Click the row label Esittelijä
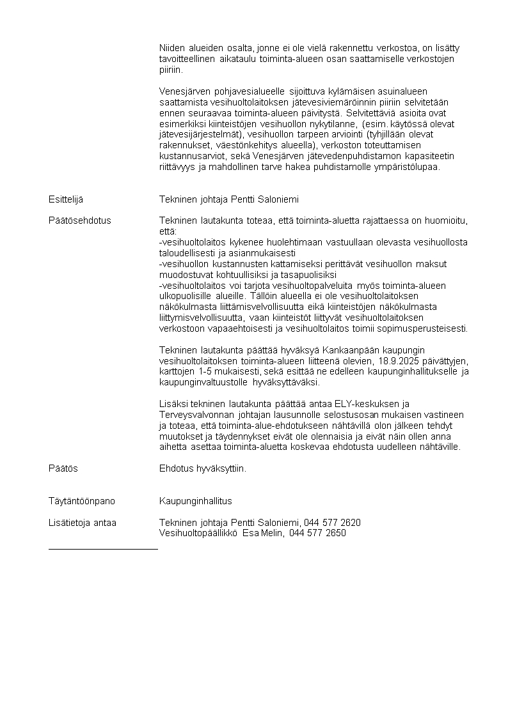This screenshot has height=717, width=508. (66, 199)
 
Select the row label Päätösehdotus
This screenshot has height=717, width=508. (79, 220)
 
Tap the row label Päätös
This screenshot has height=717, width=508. (63, 468)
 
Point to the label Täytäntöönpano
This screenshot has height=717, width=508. (82, 501)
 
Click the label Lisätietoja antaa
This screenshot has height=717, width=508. (83, 523)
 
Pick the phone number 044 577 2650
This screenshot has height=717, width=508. (317, 533)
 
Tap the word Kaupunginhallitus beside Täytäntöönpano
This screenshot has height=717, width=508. (195, 501)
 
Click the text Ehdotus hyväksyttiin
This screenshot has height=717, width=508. (202, 468)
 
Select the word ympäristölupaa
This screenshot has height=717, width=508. (409, 167)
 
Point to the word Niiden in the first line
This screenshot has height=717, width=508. (171, 48)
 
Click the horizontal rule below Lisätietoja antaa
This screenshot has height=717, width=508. (103, 548)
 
